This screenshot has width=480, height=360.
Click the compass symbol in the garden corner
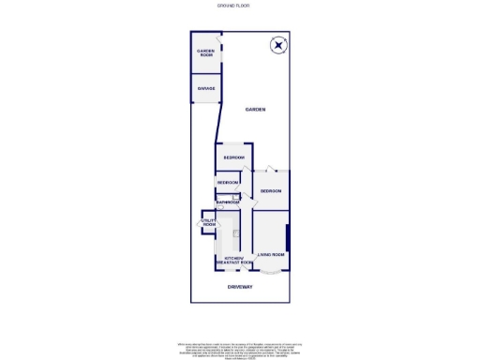pyautogui.click(x=277, y=45)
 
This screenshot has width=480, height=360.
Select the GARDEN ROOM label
pyautogui.click(x=205, y=53)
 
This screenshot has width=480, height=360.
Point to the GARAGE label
pyautogui.click(x=205, y=88)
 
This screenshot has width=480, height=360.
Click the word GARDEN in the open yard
pyautogui.click(x=255, y=110)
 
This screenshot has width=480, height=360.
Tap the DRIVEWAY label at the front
pyautogui.click(x=240, y=286)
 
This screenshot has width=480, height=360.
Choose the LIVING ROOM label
pyautogui.click(x=271, y=254)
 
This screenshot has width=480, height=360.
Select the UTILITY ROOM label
pyautogui.click(x=208, y=223)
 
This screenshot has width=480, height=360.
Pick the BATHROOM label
pyautogui.click(x=228, y=202)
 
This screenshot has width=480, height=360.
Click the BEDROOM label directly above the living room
pyautogui.click(x=271, y=190)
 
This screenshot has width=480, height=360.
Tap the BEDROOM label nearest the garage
pyautogui.click(x=233, y=157)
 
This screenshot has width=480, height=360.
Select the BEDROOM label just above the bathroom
pyautogui.click(x=228, y=182)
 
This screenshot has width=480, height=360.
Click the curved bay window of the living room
pyautogui.click(x=271, y=272)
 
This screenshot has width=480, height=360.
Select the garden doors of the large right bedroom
pyautogui.click(x=270, y=170)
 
